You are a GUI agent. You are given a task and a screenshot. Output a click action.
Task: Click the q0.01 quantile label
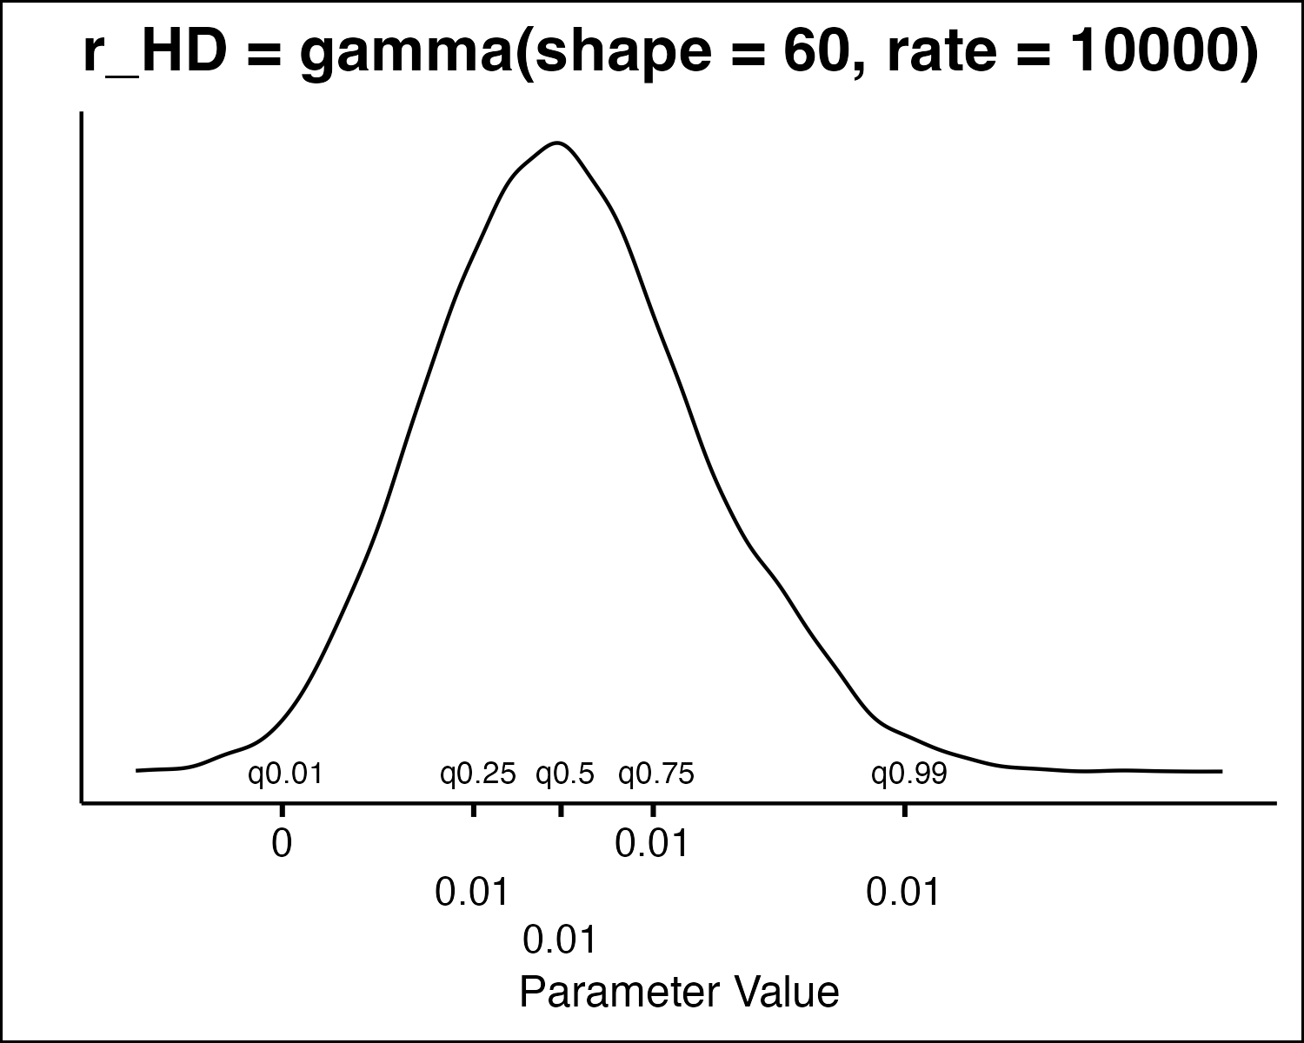click(285, 774)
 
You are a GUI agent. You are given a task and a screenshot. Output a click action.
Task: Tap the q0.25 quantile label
click(478, 774)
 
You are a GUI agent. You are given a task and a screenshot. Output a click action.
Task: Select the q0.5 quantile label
click(565, 774)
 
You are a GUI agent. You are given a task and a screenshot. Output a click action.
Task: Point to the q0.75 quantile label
click(656, 774)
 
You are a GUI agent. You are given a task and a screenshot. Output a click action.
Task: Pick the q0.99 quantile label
click(909, 774)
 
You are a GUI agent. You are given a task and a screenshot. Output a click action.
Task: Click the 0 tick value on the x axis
click(282, 844)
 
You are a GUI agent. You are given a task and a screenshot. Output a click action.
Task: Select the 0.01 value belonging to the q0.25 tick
click(472, 893)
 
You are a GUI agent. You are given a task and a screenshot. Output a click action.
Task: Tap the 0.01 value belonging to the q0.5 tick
click(561, 940)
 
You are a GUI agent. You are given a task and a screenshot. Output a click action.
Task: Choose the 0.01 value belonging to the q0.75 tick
click(652, 844)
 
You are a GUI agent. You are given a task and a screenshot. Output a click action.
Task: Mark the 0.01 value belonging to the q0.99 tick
click(904, 893)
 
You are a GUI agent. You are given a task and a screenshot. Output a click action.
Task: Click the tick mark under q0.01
click(282, 810)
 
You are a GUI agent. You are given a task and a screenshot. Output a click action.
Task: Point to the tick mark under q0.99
click(905, 810)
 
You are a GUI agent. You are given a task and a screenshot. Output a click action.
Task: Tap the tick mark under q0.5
click(561, 810)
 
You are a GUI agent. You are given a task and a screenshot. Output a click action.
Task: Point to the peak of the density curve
click(557, 143)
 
